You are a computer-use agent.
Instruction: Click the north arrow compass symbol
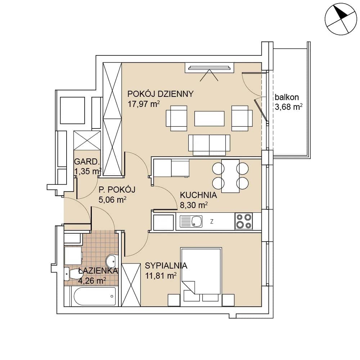[x=341, y=19]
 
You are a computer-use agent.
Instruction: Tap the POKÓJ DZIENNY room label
[x=160, y=94]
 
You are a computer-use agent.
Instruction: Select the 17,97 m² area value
[x=144, y=104]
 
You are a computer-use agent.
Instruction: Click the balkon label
[x=287, y=97]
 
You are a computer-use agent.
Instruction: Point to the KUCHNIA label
[x=198, y=195]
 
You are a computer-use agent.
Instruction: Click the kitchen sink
[x=191, y=221]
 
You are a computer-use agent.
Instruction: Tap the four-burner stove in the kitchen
[x=244, y=221]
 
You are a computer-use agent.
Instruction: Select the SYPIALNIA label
[x=166, y=266]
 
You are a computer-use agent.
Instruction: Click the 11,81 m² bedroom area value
[x=161, y=275]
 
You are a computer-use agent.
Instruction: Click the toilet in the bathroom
[x=71, y=274]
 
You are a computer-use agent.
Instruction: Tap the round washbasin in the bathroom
[x=112, y=261]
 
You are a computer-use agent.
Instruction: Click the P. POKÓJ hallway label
[x=117, y=190]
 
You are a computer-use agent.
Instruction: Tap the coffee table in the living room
[x=209, y=118]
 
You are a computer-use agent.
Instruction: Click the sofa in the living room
[x=209, y=145]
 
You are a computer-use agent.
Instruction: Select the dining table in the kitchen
[x=230, y=176]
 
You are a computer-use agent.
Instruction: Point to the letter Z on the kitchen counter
[x=212, y=221]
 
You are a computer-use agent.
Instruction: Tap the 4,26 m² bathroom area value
[x=92, y=280]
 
